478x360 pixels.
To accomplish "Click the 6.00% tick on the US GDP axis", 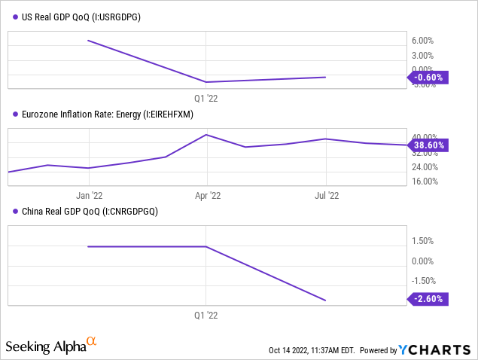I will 422,41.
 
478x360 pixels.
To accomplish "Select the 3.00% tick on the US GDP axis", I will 422,55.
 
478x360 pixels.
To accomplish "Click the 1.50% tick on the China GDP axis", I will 422,241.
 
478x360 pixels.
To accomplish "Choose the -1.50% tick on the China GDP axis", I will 422,280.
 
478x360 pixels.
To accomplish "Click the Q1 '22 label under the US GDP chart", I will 207,97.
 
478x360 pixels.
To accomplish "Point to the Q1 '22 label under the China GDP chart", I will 207,316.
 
